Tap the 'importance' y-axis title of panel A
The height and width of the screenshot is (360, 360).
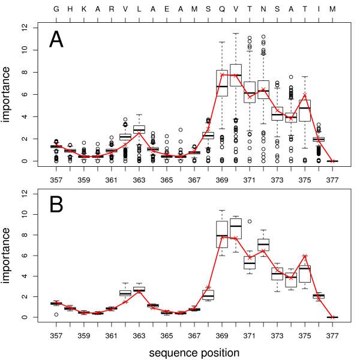coord(10,94)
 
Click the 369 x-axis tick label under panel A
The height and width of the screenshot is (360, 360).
coord(222,179)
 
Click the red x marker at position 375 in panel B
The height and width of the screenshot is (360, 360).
coord(305,256)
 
